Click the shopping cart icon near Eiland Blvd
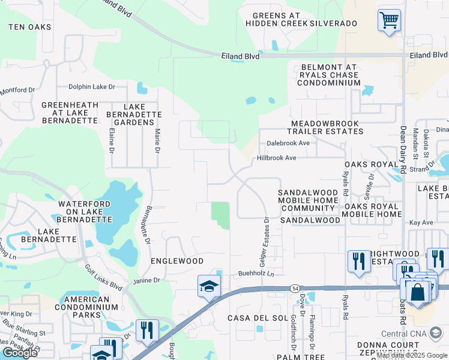(389, 20)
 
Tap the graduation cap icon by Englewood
(209, 286)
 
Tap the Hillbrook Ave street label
(277, 158)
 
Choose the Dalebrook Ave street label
(288, 143)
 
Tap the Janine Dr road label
(147, 280)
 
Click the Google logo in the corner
(20, 353)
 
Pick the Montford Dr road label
(18, 90)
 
